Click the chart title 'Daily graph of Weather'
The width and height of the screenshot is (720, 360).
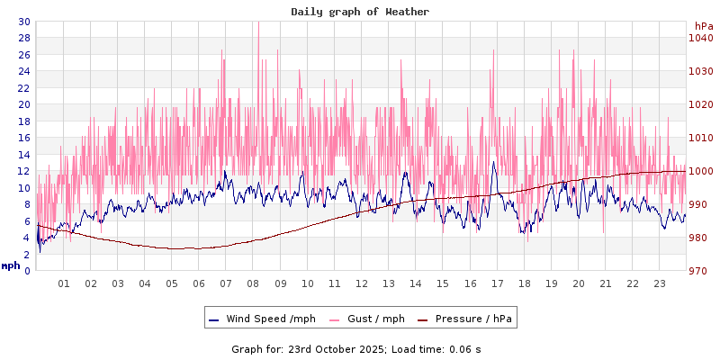click(x=359, y=12)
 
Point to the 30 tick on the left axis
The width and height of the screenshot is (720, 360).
click(x=23, y=22)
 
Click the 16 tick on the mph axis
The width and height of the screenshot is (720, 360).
click(x=23, y=138)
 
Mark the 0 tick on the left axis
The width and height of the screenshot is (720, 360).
click(x=27, y=270)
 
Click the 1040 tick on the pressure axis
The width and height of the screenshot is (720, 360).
click(x=701, y=38)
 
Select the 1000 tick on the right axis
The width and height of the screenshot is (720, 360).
click(x=701, y=171)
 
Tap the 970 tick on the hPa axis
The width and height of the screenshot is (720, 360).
click(x=701, y=270)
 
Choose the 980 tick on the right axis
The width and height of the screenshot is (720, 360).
click(x=701, y=238)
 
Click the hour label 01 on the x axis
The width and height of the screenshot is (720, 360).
click(x=64, y=283)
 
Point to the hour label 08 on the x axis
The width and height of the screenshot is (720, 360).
click(x=254, y=283)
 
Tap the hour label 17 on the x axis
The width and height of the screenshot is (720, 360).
click(x=497, y=283)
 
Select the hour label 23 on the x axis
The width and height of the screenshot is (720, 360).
click(x=660, y=283)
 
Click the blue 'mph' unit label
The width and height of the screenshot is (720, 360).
click(x=11, y=265)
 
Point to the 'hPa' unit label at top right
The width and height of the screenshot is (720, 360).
click(x=703, y=26)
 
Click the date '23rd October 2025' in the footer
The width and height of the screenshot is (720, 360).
click(x=336, y=348)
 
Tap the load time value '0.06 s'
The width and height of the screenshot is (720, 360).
click(x=465, y=348)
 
